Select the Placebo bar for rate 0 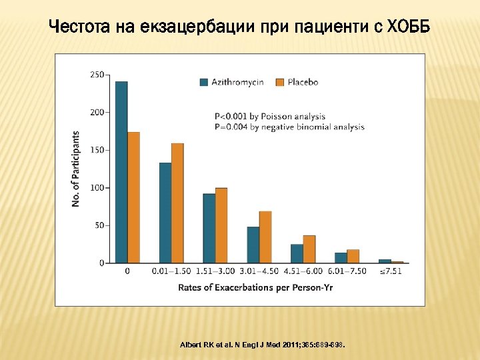click(133, 197)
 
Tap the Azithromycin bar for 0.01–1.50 click(165, 213)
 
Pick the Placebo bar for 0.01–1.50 click(177, 203)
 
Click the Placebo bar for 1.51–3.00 click(221, 225)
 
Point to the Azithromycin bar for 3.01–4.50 click(253, 245)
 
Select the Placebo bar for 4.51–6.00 click(309, 249)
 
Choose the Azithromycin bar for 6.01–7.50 click(341, 257)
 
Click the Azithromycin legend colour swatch click(205, 82)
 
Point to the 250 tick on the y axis click(97, 75)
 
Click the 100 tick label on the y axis click(97, 188)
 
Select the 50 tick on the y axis click(99, 225)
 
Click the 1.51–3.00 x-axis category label click(215, 271)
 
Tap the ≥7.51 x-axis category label click(391, 271)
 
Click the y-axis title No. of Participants click(76, 169)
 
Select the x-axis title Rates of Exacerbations click(255, 288)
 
